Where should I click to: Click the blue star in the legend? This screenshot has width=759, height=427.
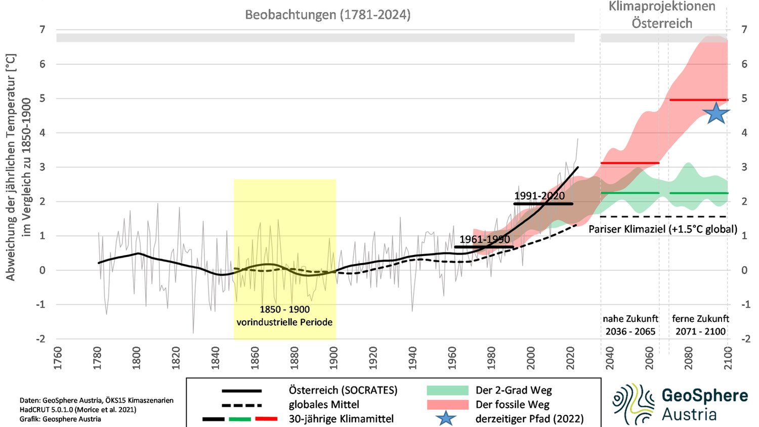coord(446,418)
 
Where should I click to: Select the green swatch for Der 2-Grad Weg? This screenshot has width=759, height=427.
coord(447,390)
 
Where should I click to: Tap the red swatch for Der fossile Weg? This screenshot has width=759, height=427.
coord(447,404)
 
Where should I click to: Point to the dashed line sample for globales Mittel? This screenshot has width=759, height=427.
coord(241,405)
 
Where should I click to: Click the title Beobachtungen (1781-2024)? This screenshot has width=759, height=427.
coord(327,15)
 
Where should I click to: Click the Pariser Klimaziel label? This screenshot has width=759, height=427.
coord(662,229)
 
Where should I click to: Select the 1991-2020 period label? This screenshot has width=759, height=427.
coord(539,196)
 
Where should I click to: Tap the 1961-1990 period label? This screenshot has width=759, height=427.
coord(484,239)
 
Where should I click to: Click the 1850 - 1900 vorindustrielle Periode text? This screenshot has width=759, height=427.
coord(284,316)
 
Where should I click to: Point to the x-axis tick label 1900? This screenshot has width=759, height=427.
coord(334,358)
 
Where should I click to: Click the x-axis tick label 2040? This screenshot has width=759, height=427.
coord(610,358)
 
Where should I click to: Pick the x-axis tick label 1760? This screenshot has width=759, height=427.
coord(58,358)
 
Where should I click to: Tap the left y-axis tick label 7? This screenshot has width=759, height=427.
coord(43,29)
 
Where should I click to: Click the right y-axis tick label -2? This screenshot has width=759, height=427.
coord(743,339)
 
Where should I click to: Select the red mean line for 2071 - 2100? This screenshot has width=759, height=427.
coord(698,100)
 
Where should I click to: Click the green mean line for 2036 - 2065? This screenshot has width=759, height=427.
coord(630,193)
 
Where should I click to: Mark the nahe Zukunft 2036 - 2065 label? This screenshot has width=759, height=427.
coord(630,325)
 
